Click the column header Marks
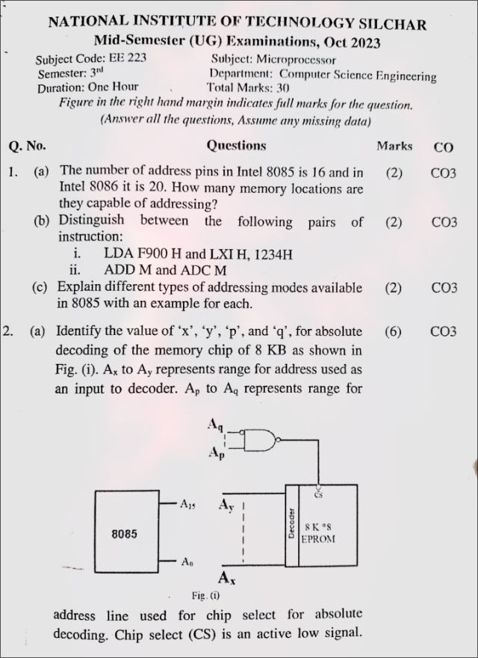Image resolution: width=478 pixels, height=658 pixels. click(394, 147)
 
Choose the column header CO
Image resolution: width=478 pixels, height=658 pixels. click(442, 147)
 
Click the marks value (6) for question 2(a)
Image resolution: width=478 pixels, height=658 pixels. click(394, 331)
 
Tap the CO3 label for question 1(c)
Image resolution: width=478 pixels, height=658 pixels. click(444, 288)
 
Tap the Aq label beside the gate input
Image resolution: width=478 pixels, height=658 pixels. click(216, 425)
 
